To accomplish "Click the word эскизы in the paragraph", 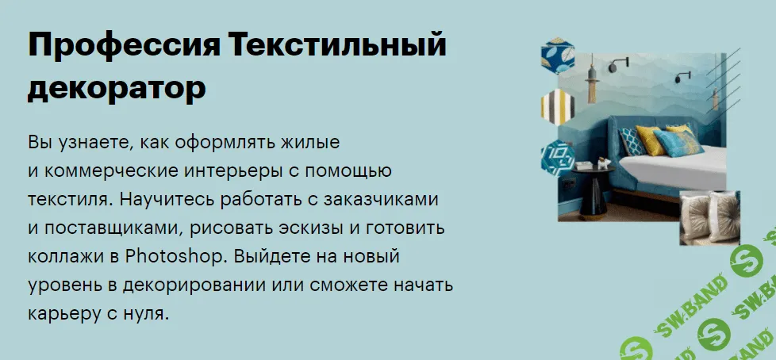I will [x=337, y=228].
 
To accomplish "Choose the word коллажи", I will [x=65, y=257].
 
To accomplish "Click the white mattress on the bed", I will [x=682, y=166].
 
